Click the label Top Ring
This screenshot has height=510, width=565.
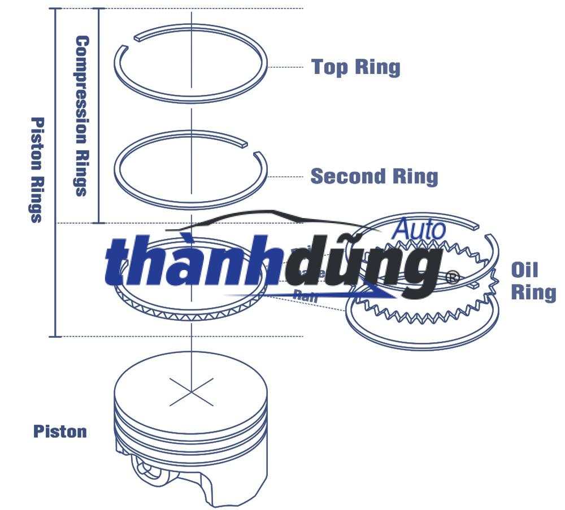tap(355, 67)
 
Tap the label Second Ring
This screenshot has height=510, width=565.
tap(374, 176)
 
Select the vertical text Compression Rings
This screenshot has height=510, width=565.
tap(82, 116)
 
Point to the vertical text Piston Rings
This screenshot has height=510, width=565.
tap(37, 169)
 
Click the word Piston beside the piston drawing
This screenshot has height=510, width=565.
tap(60, 431)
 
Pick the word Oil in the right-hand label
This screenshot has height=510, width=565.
tap(524, 269)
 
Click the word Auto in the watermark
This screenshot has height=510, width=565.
tap(419, 229)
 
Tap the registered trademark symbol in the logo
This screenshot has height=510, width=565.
tap(452, 277)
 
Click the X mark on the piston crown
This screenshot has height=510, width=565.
tap(192, 391)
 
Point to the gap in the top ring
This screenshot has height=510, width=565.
tap(129, 42)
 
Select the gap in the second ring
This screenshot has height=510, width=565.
tap(251, 148)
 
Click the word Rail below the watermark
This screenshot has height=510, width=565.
tap(306, 295)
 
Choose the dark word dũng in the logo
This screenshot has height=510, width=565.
tap(362, 265)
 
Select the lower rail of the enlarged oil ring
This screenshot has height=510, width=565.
tap(424, 333)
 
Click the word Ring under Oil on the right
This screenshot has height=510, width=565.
tap(533, 292)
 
